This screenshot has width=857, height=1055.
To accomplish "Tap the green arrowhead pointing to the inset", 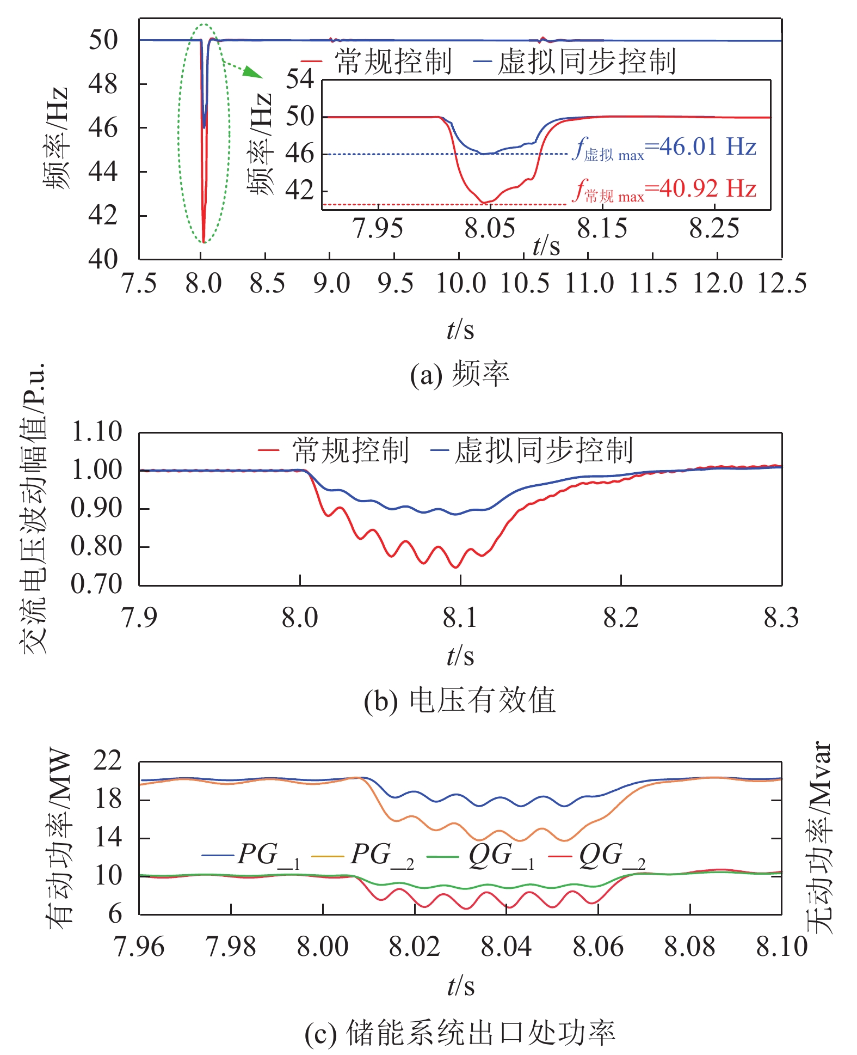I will [254, 72].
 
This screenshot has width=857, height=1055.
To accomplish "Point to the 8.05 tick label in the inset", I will [489, 229].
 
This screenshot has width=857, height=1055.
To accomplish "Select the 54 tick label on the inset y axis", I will [300, 80].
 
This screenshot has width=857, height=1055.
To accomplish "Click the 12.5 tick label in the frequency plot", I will [782, 284].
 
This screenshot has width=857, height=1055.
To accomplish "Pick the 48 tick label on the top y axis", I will [103, 84].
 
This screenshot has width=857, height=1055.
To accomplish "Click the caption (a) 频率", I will [459, 375].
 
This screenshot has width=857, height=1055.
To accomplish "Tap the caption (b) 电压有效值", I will [459, 701].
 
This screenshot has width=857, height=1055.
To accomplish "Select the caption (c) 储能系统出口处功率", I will [459, 1033].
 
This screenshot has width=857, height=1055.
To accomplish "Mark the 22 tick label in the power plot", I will [107, 761].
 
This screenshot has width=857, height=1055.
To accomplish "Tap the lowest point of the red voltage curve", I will [456, 568].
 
